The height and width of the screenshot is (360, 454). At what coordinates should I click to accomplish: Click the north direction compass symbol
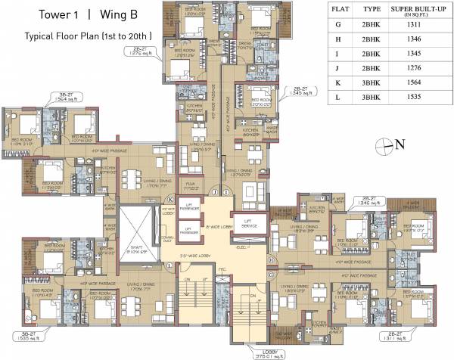[x=388, y=145]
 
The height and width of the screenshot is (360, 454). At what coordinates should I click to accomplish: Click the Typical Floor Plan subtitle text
[x=87, y=36]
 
